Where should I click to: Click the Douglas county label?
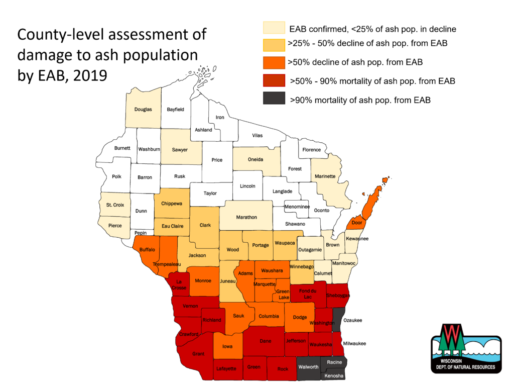coord(143,109)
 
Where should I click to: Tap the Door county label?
coord(357,223)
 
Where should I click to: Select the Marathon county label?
coord(246,217)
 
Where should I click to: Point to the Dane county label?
coord(266,341)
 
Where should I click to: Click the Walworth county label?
coord(308,367)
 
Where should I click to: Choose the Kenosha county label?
coord(334,376)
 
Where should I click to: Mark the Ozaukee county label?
coord(352,320)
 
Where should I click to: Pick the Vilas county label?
coord(257,136)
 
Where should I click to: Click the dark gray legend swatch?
coord(274,100)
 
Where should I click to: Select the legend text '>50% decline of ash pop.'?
coord(357,62)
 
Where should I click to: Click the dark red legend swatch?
coord(274,81)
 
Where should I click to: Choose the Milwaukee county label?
coord(354,344)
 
